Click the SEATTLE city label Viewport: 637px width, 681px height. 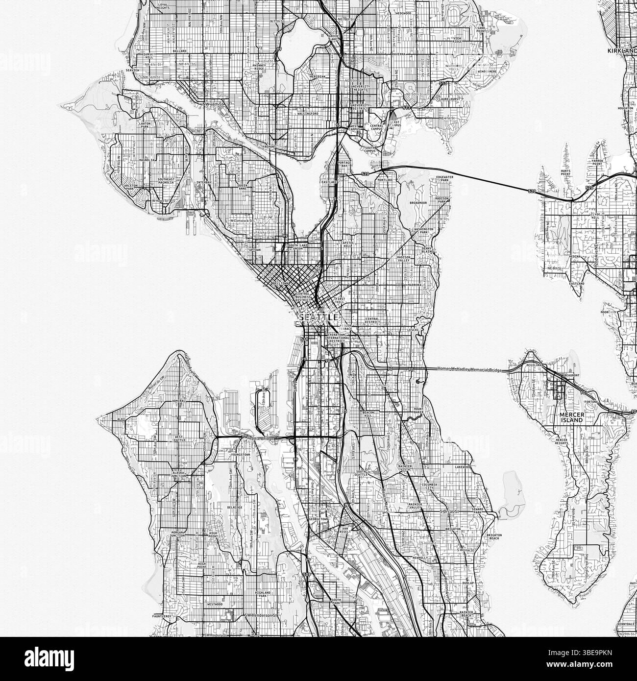[x=318, y=317]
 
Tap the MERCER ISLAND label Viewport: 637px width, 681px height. [x=571, y=417]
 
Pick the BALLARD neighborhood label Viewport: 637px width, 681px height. [x=179, y=50]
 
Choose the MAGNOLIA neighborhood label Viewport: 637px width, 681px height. [x=147, y=160]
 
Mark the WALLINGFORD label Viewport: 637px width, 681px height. [x=308, y=114]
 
